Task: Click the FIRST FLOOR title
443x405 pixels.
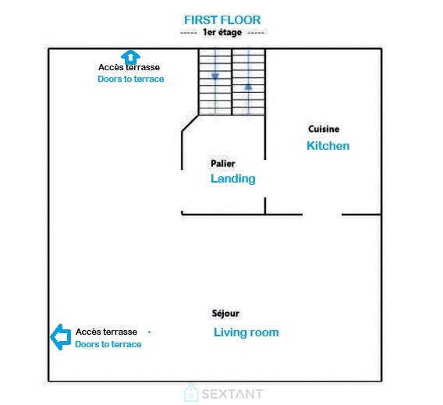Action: click(x=222, y=20)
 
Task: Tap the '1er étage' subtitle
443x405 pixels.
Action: click(x=222, y=32)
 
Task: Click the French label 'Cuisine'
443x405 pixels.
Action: click(x=324, y=129)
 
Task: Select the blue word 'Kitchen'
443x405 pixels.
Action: click(x=328, y=146)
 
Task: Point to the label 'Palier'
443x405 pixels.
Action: click(x=223, y=163)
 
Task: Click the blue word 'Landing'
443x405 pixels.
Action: click(x=233, y=179)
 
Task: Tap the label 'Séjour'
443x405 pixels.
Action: click(x=225, y=313)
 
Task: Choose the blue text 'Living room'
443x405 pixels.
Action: click(x=246, y=332)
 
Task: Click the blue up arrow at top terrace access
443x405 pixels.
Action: click(x=130, y=57)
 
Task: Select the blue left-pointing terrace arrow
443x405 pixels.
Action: click(x=61, y=337)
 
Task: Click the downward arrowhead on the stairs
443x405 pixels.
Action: click(x=215, y=76)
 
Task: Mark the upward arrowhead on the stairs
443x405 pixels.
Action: click(x=248, y=87)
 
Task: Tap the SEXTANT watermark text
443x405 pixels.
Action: click(x=232, y=394)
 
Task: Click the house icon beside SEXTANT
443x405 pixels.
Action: click(x=191, y=393)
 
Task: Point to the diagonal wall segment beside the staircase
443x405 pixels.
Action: click(x=190, y=123)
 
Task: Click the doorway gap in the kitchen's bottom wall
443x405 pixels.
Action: click(x=322, y=215)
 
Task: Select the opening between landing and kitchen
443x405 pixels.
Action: click(x=265, y=179)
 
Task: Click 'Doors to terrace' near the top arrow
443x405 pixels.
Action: click(x=131, y=79)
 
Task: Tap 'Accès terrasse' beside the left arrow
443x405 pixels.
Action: click(x=106, y=332)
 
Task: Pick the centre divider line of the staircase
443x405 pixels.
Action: click(x=232, y=82)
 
